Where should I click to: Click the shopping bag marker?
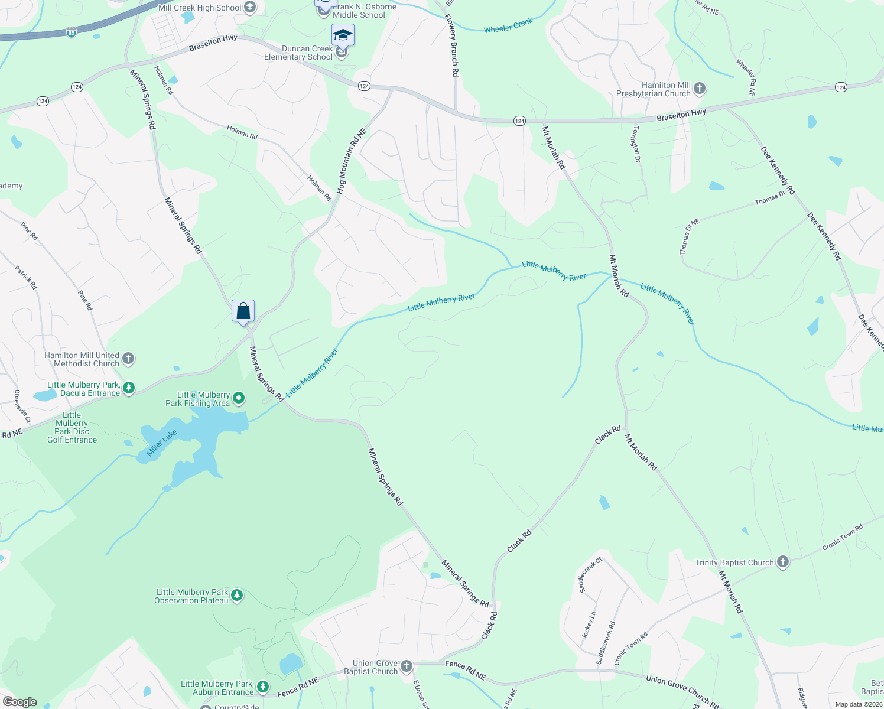243,311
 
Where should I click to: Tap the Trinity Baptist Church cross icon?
783,562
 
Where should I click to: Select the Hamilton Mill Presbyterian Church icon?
700,89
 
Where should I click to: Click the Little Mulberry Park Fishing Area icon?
239,399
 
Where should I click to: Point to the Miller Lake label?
161,443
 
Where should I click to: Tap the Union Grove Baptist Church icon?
406,667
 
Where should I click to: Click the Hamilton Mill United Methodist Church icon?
128,359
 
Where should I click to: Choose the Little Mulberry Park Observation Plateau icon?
237,596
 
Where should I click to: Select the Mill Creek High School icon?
250,8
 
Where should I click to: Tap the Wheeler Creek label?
508,25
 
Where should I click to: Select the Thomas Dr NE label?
689,236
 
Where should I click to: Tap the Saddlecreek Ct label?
590,574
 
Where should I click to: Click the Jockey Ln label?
589,625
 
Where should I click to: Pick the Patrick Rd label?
26,277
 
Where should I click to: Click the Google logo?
19,702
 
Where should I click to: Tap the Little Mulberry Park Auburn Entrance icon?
263,687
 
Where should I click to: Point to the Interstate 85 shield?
71,32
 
